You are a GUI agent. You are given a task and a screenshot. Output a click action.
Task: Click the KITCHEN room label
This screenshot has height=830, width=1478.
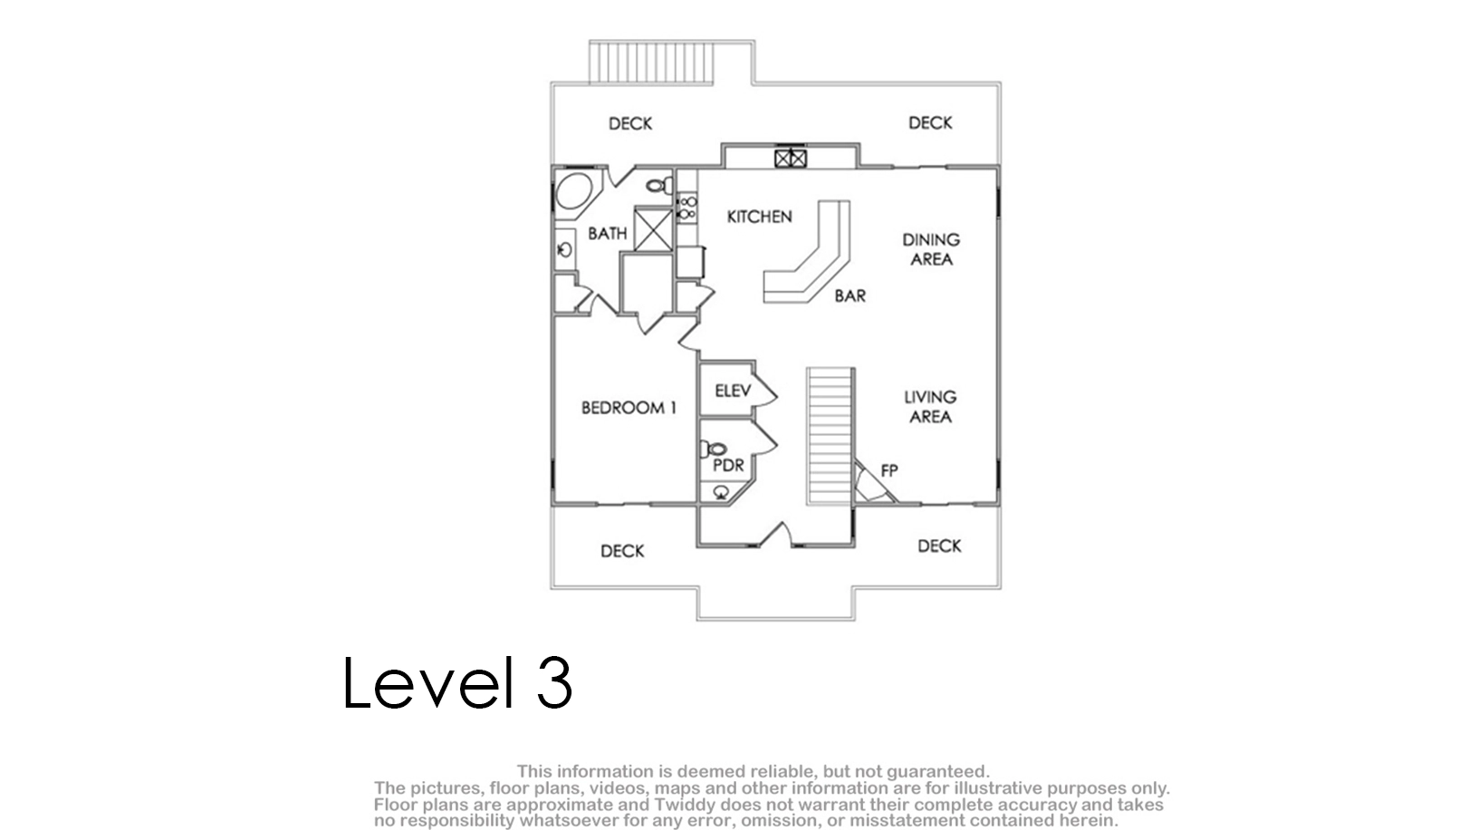pos(760,217)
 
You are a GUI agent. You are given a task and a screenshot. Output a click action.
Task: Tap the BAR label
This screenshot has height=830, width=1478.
pos(849,295)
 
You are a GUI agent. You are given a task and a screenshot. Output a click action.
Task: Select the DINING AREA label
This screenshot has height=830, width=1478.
pos(931,249)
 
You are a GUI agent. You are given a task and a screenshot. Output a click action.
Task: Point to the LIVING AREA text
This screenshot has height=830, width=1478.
pos(930,407)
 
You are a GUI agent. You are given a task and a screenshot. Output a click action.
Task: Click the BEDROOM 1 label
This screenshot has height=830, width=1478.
pos(629,408)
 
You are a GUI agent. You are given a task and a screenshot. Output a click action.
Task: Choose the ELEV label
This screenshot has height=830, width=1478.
pos(733,391)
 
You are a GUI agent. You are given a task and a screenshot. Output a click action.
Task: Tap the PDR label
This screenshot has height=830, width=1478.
pos(728,466)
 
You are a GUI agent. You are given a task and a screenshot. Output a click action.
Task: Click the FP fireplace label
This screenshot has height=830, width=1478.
pos(889,471)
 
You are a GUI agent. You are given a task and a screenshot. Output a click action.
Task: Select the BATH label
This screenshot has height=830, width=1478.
pos(608,234)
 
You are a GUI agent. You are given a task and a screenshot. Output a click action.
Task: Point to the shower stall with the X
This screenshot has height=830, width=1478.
pos(653,228)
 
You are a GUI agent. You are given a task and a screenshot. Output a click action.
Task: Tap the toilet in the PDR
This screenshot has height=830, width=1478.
pos(714,449)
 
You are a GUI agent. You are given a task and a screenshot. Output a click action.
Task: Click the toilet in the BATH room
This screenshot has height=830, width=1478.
pos(657,186)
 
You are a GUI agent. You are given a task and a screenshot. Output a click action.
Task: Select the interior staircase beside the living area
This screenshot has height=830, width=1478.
pos(830,437)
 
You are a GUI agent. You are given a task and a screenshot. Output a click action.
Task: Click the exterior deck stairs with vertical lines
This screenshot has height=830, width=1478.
pos(651,63)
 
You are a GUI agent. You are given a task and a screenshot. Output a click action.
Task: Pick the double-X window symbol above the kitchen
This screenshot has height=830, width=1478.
pos(791,159)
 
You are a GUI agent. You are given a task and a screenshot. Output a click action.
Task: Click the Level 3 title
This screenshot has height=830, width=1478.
pos(457,682)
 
